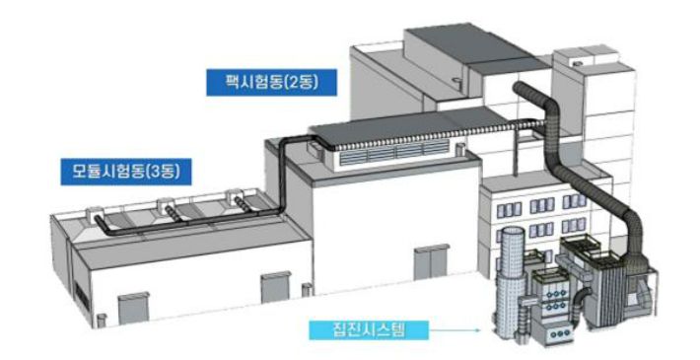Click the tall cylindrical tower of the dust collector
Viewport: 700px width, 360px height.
click(512, 281)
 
